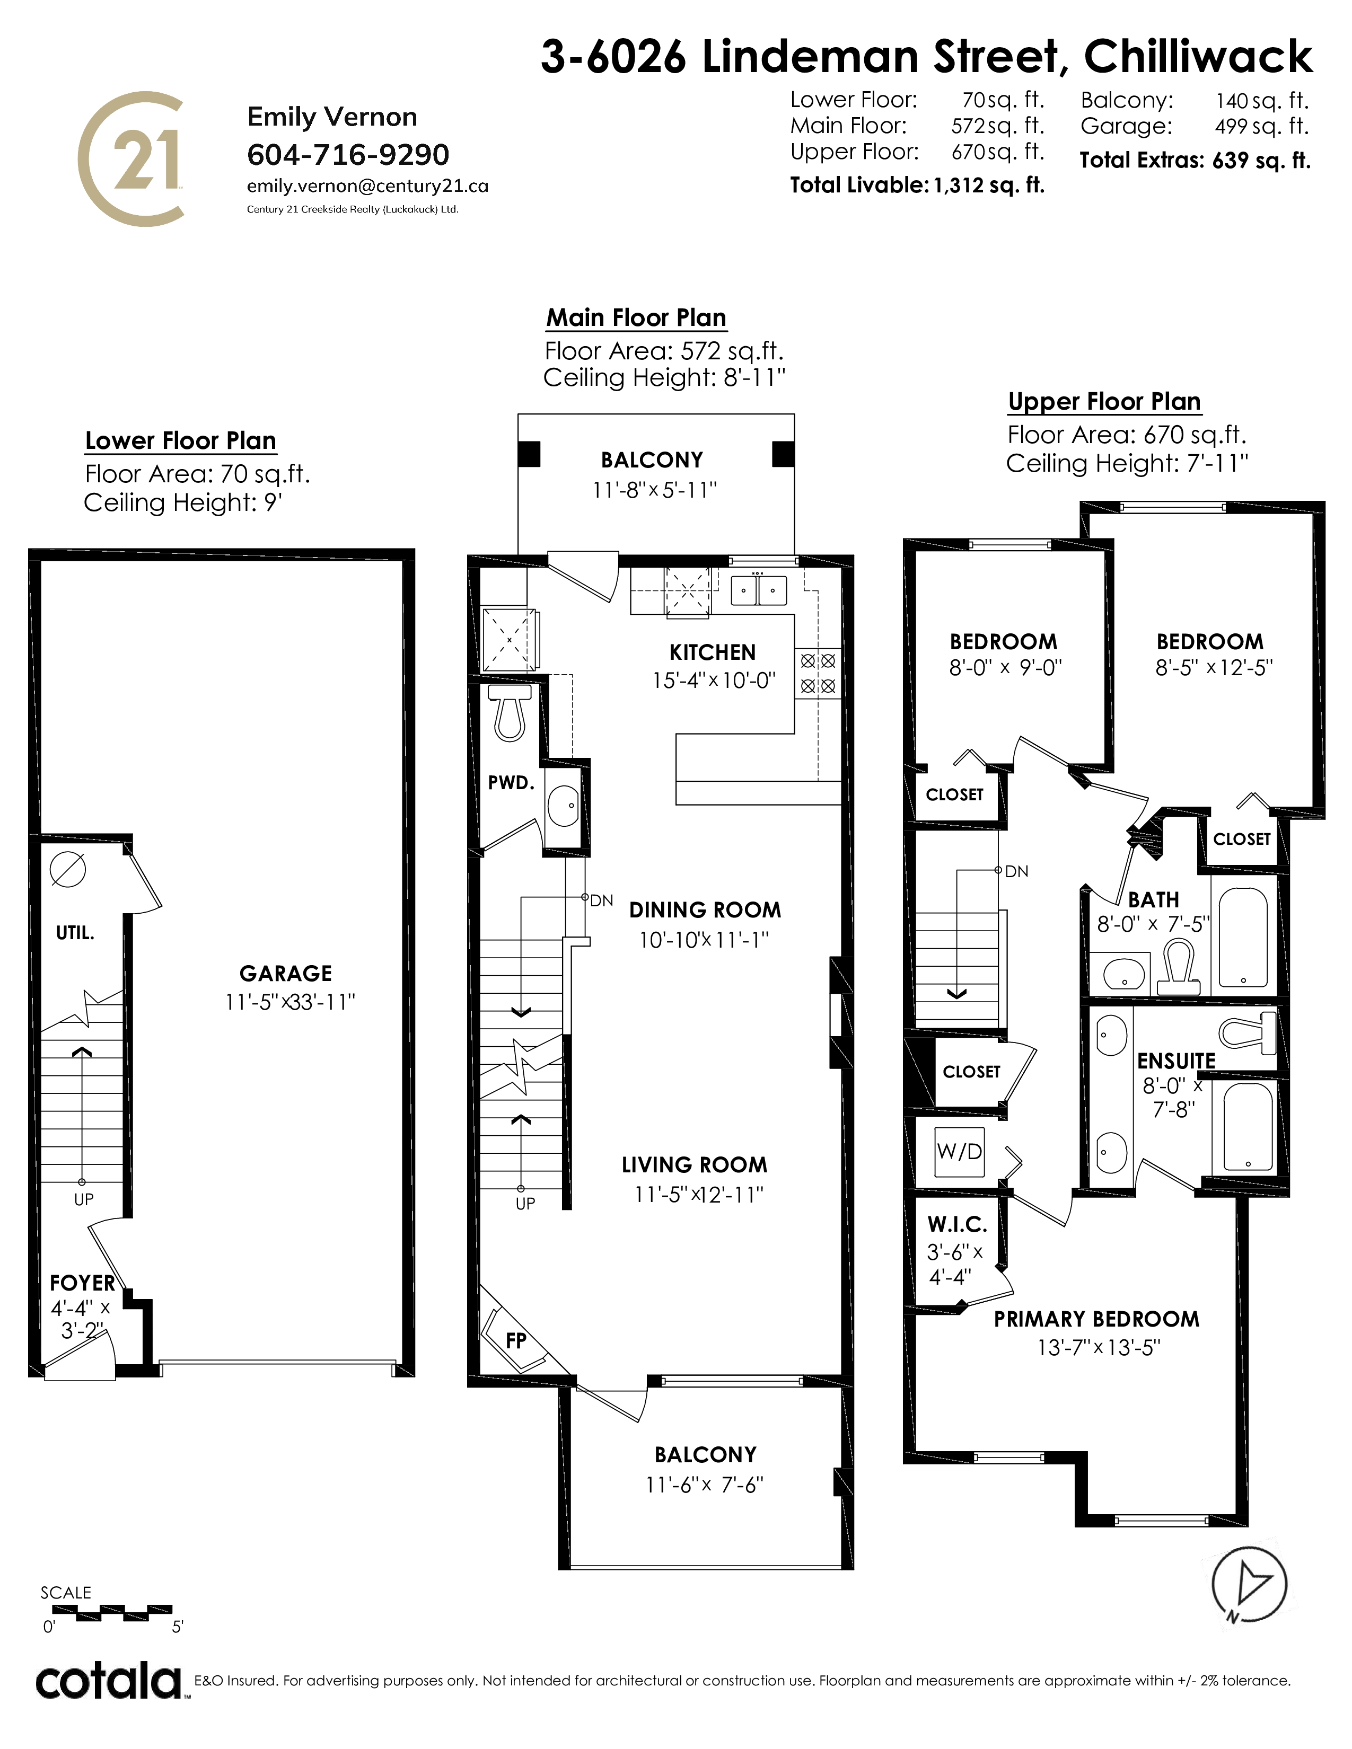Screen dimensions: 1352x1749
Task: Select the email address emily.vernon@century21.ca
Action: click(x=367, y=186)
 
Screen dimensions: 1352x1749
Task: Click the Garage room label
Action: click(x=286, y=973)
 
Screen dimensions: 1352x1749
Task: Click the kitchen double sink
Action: click(x=759, y=590)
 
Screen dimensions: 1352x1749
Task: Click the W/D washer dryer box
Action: click(x=960, y=1152)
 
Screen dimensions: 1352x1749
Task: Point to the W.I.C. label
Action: click(x=957, y=1224)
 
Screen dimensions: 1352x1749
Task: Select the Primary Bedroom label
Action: click(x=1096, y=1319)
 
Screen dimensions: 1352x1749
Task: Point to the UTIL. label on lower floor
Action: click(x=75, y=932)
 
